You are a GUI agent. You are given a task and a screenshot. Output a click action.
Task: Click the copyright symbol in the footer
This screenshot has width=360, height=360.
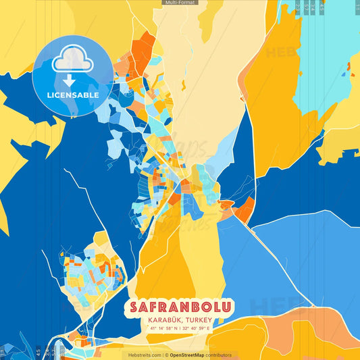point(166,355)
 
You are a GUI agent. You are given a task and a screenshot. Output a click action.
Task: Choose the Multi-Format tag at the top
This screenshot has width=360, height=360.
point(179,3)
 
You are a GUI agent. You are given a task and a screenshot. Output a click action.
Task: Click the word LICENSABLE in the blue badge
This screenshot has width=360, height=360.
point(73,95)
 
